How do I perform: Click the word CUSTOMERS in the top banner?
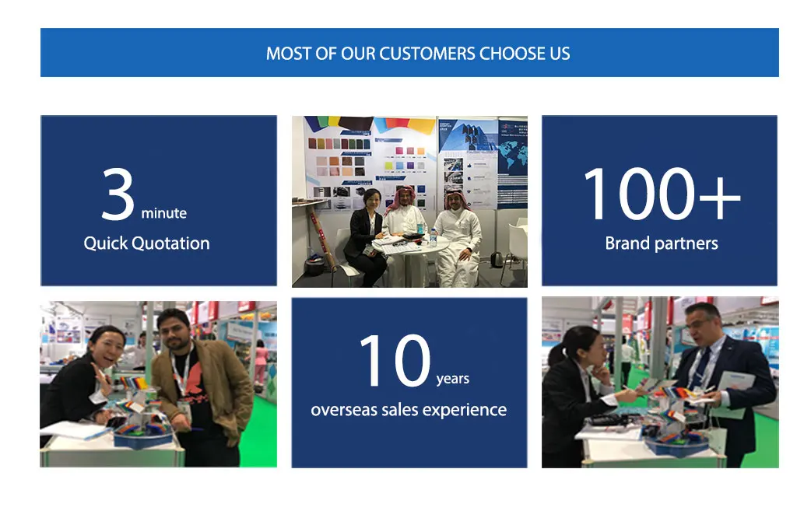click(x=427, y=54)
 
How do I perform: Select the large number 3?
click(x=118, y=194)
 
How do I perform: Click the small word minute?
click(x=164, y=213)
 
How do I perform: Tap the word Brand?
click(x=627, y=243)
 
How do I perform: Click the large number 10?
click(x=395, y=360)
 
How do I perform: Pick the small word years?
click(x=453, y=379)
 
